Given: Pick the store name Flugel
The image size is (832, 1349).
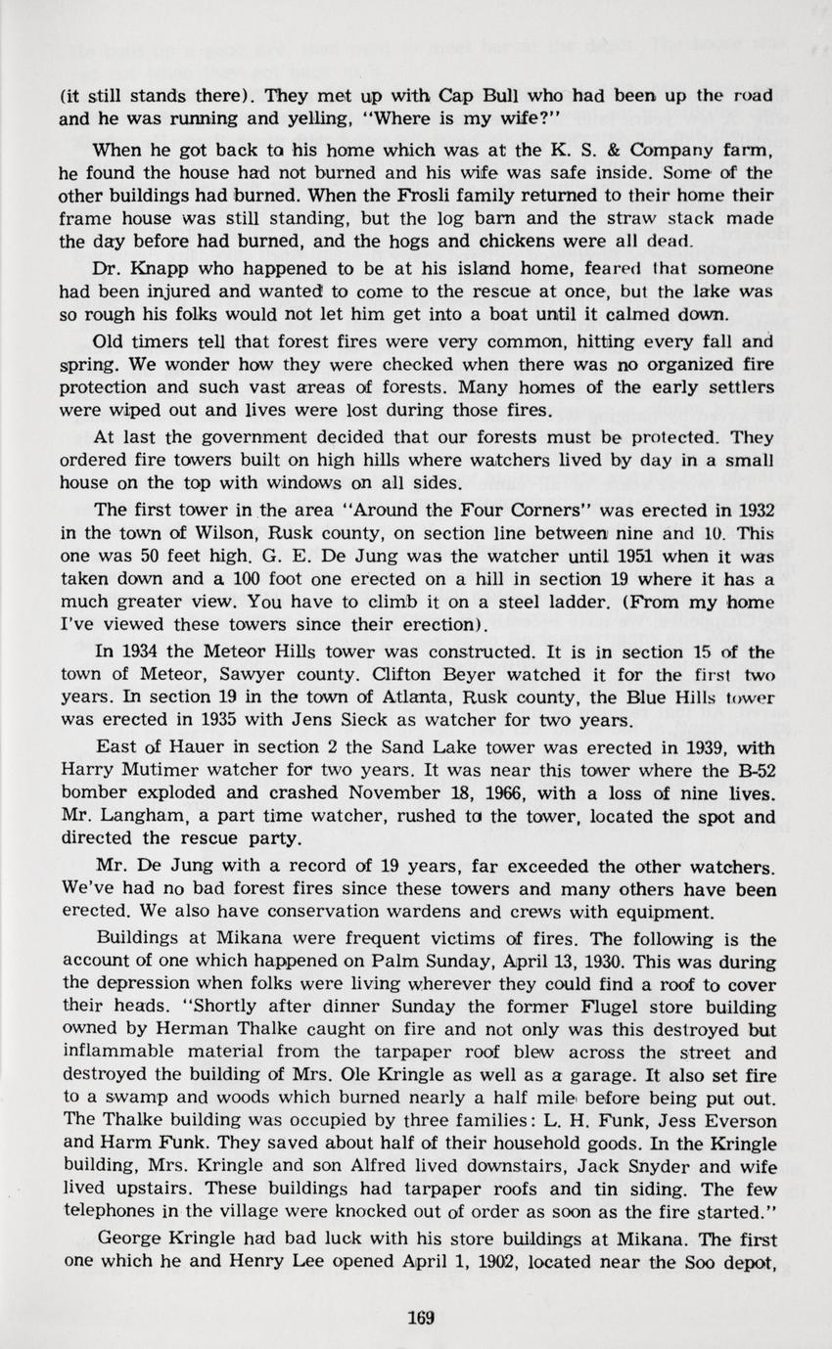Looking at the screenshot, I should click(x=615, y=1007).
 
